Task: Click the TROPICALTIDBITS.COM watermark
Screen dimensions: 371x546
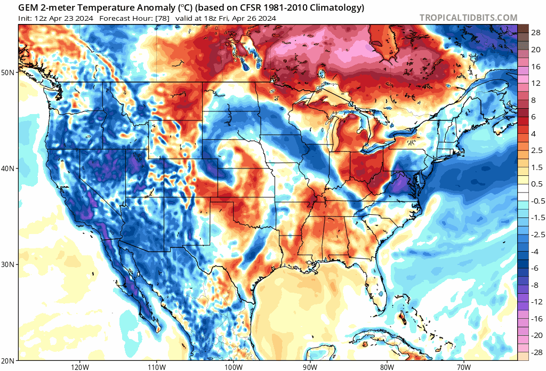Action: pyautogui.click(x=468, y=18)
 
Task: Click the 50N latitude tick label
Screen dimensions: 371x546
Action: pyautogui.click(x=9, y=72)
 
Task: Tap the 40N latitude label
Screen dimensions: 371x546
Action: pyautogui.click(x=9, y=168)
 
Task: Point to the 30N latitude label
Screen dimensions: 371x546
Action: pyautogui.click(x=9, y=264)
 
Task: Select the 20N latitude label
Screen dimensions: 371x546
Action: pyautogui.click(x=9, y=360)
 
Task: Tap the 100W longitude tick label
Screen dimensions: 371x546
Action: pyautogui.click(x=233, y=367)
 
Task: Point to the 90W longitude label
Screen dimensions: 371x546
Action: pyautogui.click(x=310, y=367)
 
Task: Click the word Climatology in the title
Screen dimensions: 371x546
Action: pyautogui.click(x=336, y=7)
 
